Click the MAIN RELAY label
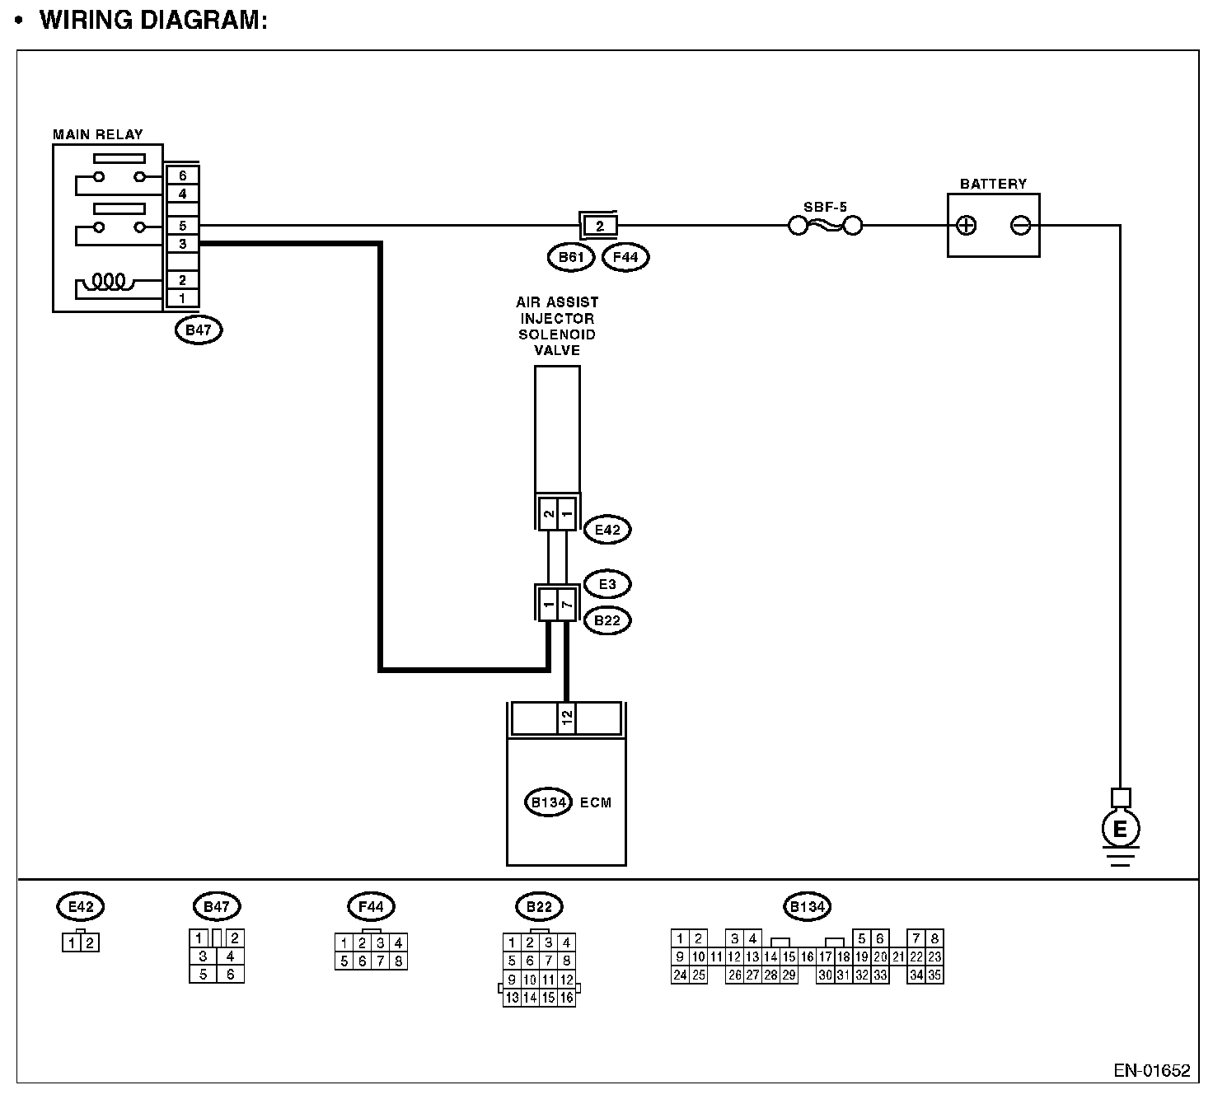pos(97,134)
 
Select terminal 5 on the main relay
pos(182,226)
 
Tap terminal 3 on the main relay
pos(182,244)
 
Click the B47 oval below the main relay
pos(199,330)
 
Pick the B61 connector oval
pos(571,258)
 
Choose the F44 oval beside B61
pos(626,258)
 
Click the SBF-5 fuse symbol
pos(825,226)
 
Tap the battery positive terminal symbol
pos(967,226)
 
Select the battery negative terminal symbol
pos(1020,226)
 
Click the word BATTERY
pos(993,184)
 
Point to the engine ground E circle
pos(1120,829)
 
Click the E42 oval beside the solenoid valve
pos(607,530)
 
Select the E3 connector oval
pos(607,585)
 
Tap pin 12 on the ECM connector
pos(566,718)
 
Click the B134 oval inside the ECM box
pos(548,802)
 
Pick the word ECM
pos(596,802)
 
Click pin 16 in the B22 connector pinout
pos(566,998)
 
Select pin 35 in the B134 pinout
pos(934,975)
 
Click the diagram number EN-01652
pos(1151,1071)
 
